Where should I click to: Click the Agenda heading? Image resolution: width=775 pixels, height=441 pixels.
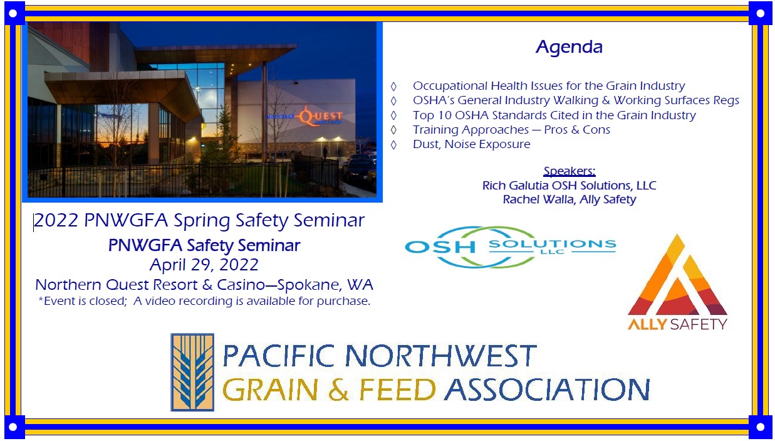pyautogui.click(x=569, y=47)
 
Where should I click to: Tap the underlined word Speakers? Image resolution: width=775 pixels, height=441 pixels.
pyautogui.click(x=569, y=171)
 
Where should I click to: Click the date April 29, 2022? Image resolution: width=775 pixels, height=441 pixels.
pyautogui.click(x=204, y=265)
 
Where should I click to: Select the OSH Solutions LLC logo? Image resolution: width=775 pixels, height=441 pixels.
pyautogui.click(x=511, y=247)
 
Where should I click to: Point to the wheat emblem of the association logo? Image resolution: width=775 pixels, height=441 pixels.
pyautogui.click(x=192, y=372)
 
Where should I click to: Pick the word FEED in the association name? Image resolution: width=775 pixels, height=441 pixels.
pyautogui.click(x=397, y=390)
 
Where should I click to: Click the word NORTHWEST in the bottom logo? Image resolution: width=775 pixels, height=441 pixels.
pyautogui.click(x=441, y=356)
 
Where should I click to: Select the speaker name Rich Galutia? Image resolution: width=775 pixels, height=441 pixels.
pyautogui.click(x=515, y=186)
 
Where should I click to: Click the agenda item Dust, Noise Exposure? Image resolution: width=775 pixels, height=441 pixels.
pyautogui.click(x=471, y=144)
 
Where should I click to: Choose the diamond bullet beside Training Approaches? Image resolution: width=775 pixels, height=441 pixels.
pyautogui.click(x=393, y=130)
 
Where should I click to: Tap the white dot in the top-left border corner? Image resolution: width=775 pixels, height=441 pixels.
pyautogui.click(x=13, y=13)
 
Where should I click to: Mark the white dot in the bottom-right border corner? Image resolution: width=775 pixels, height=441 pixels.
pyautogui.click(x=760, y=427)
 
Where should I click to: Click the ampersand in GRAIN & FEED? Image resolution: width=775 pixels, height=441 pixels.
pyautogui.click(x=338, y=390)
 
